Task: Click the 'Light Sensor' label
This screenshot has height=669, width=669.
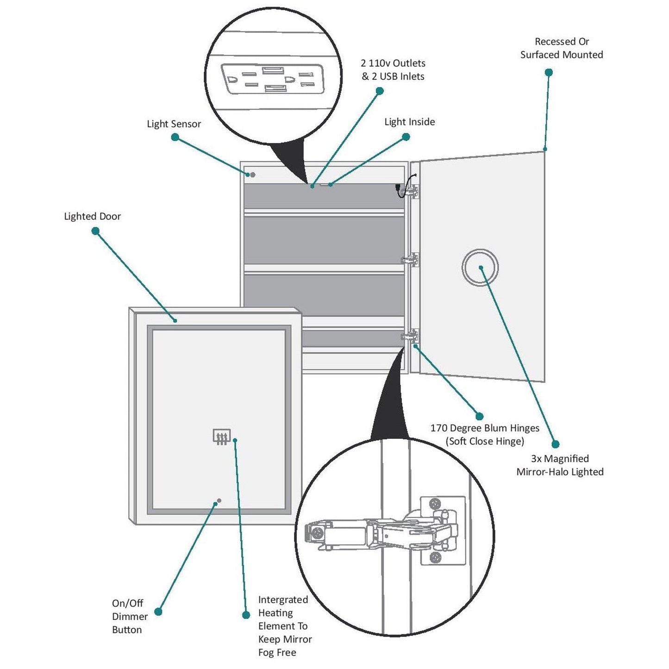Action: point(174,124)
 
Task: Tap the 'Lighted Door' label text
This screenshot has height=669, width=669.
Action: point(92,216)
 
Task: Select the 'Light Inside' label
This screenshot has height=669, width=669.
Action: point(409,122)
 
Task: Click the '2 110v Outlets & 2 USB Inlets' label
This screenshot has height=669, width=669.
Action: point(393,70)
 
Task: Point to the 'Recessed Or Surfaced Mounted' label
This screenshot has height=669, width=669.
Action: point(561,48)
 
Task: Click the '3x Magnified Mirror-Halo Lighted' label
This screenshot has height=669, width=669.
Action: point(560,465)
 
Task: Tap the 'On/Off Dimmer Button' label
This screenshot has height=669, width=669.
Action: point(129,616)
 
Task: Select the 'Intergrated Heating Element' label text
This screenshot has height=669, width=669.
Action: point(284,626)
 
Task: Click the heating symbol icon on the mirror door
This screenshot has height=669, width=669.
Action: point(221,437)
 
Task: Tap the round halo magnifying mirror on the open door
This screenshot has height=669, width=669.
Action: point(480,268)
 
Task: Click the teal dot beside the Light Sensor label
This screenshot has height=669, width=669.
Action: point(175,137)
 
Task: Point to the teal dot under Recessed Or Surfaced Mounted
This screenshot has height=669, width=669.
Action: point(549,72)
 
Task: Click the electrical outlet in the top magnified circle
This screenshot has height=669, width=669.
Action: point(272,79)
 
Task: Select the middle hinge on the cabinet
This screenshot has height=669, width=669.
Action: point(410,260)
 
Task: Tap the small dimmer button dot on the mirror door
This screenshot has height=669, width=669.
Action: point(219,500)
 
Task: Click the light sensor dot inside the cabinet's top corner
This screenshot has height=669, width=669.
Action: point(253,175)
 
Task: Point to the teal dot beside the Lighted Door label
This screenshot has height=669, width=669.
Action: point(95,231)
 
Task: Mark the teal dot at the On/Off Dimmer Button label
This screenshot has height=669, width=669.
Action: point(158,612)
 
